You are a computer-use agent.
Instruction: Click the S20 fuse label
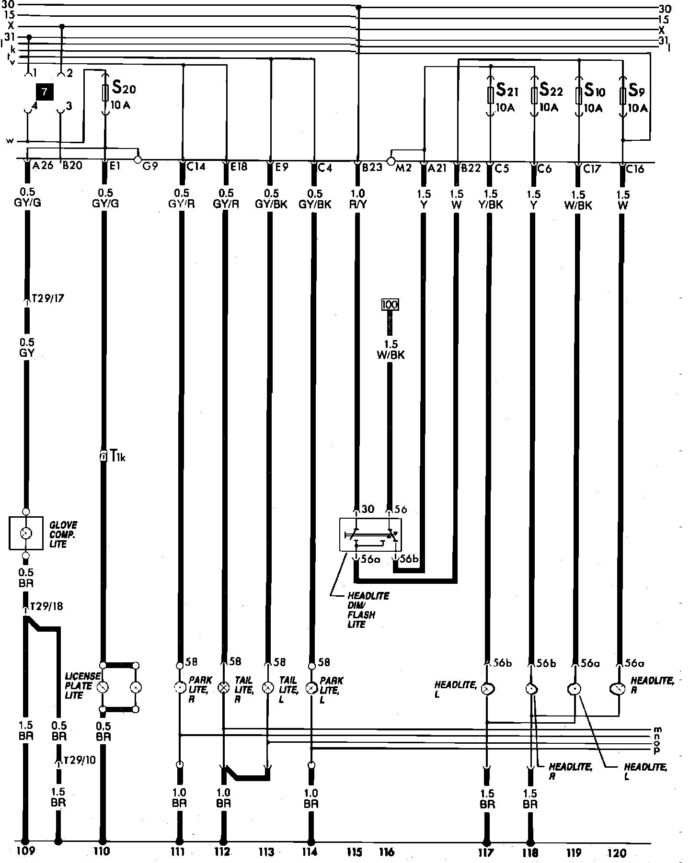[x=124, y=89]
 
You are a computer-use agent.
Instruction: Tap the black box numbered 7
[x=45, y=92]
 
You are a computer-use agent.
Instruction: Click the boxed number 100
[x=390, y=304]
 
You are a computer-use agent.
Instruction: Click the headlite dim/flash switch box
[x=370, y=534]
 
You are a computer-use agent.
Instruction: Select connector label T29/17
[x=47, y=299]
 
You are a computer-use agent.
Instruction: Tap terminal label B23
[x=372, y=168]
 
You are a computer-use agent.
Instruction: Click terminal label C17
[x=593, y=169]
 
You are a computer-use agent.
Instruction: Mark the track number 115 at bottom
[x=355, y=852]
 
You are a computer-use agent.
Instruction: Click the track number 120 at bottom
[x=616, y=852]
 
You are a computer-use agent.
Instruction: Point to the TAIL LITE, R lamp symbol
[x=223, y=688]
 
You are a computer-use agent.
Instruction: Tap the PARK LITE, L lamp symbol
[x=311, y=688]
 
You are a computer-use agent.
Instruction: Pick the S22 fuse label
[x=551, y=90]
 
